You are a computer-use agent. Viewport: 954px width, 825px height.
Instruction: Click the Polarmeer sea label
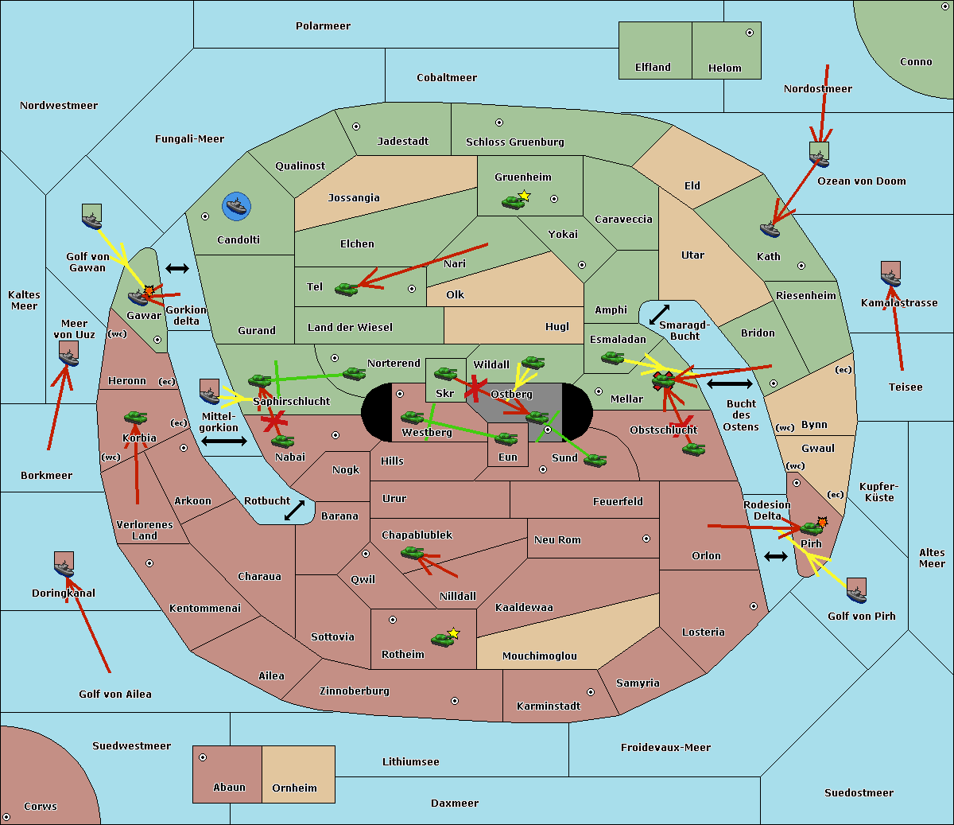pyautogui.click(x=323, y=26)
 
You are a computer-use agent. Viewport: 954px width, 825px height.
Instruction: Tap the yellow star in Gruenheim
pyautogui.click(x=524, y=195)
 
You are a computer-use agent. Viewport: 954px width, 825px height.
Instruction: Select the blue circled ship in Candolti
pyautogui.click(x=237, y=207)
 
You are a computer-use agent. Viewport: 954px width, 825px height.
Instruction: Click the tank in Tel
pyautogui.click(x=346, y=289)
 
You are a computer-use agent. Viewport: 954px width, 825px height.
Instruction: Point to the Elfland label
pyautogui.click(x=653, y=68)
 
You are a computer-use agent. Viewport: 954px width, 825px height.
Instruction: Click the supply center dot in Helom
pyautogui.click(x=749, y=33)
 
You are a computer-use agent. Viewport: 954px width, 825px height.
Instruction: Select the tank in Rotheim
pyautogui.click(x=442, y=640)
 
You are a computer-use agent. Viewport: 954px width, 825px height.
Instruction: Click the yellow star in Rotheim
pyautogui.click(x=454, y=632)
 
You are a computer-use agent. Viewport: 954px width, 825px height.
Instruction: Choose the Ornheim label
pyautogui.click(x=294, y=788)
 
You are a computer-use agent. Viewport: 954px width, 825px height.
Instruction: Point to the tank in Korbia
pyautogui.click(x=135, y=417)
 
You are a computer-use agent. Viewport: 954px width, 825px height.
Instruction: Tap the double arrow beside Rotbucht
pyautogui.click(x=295, y=510)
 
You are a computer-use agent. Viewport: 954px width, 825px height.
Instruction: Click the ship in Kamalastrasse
pyautogui.click(x=890, y=274)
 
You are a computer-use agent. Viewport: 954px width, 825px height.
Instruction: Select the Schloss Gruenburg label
pyautogui.click(x=514, y=142)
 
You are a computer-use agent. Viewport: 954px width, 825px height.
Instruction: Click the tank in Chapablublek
pyautogui.click(x=412, y=552)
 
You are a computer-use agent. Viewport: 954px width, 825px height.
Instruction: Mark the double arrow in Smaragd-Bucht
pyautogui.click(x=660, y=315)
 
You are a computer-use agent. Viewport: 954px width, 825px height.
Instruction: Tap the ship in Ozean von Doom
pyautogui.click(x=819, y=154)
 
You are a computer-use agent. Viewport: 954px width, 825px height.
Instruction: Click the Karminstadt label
pyautogui.click(x=549, y=706)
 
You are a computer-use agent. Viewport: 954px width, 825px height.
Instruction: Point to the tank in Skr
pyautogui.click(x=445, y=373)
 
